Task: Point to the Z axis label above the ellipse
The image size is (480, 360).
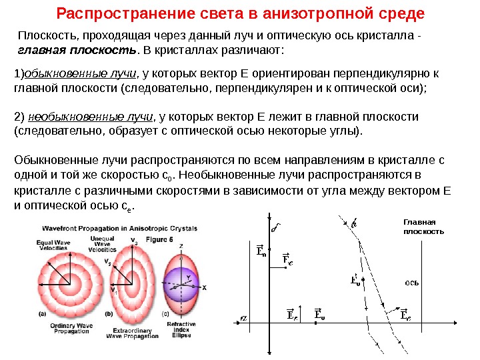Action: [x=180, y=246]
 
